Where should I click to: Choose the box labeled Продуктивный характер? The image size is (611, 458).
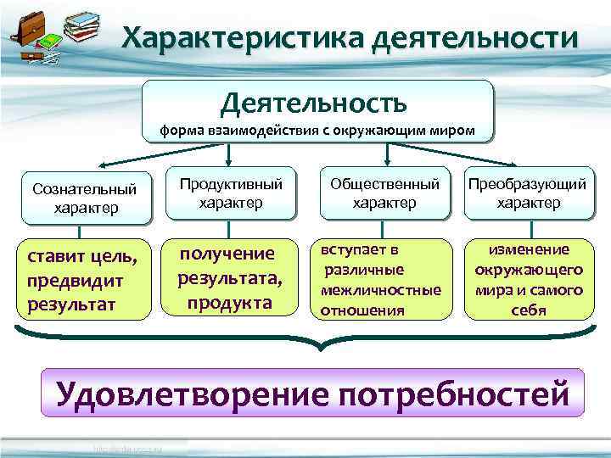[231, 193]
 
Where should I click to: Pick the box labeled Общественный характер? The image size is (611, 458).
[384, 193]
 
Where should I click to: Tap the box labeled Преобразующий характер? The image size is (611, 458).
[528, 193]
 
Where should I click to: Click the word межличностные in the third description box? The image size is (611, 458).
[381, 290]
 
